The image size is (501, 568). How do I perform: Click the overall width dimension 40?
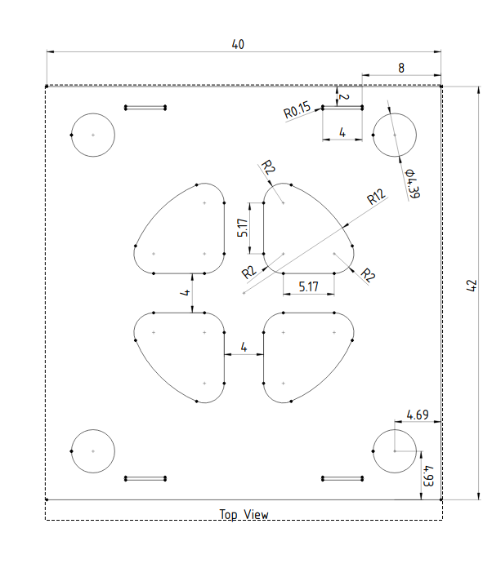tap(238, 45)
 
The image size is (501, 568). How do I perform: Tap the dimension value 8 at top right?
tap(400, 68)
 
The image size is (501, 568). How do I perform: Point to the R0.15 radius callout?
tap(297, 110)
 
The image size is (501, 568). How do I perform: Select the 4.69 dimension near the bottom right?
tap(417, 415)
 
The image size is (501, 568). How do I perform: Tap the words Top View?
tap(244, 515)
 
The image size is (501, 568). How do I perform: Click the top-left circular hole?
tap(93, 134)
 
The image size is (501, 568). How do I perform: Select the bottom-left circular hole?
tap(93, 450)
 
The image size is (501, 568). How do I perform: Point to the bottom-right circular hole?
tap(394, 450)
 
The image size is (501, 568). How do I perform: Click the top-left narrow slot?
tap(145, 107)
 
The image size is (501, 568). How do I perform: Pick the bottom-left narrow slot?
tap(145, 478)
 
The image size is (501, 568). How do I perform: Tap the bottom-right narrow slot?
tap(342, 478)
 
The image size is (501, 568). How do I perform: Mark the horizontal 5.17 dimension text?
tap(308, 286)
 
